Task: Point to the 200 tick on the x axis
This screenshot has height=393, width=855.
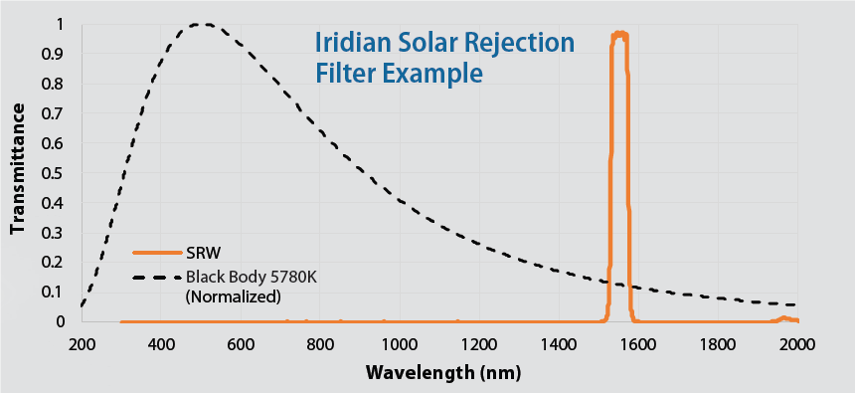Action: (82, 343)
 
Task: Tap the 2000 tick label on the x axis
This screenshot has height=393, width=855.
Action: (796, 343)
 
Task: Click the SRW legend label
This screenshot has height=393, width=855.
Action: (203, 252)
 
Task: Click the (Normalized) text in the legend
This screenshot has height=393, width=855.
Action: (234, 295)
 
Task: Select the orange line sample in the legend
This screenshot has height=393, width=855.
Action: (157, 252)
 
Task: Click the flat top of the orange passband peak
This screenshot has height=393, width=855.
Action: (620, 34)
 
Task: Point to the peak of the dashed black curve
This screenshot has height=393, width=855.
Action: (203, 24)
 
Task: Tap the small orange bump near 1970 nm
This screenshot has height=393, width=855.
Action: (784, 317)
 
